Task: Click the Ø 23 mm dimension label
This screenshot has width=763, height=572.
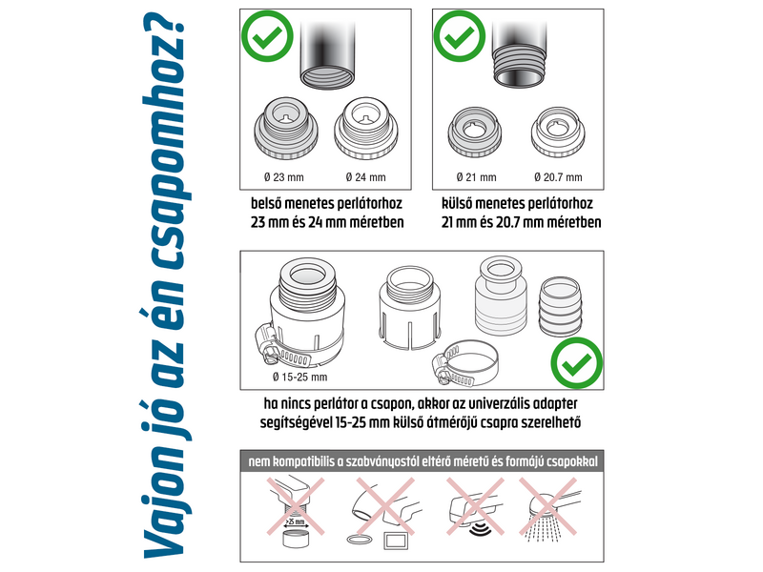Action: pyautogui.click(x=283, y=177)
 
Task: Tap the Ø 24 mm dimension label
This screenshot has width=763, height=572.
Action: pyautogui.click(x=365, y=177)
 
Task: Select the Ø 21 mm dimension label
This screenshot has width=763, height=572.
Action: pyautogui.click(x=476, y=177)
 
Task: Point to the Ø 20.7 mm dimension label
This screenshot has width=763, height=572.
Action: pyautogui.click(x=558, y=177)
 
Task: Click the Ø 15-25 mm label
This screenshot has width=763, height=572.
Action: pyautogui.click(x=300, y=377)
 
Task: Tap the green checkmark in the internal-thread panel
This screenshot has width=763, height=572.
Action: pyautogui.click(x=267, y=35)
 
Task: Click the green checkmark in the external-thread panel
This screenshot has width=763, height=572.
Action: pyautogui.click(x=459, y=35)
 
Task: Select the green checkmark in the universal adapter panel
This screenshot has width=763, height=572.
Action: pyautogui.click(x=577, y=363)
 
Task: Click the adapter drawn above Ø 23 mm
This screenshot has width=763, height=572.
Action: pyautogui.click(x=286, y=128)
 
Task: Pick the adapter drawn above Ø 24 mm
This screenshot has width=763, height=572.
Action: pyautogui.click(x=366, y=128)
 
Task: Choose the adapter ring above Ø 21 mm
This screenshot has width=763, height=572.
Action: pyautogui.click(x=474, y=132)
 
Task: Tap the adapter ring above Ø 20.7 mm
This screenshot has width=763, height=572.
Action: pyautogui.click(x=558, y=132)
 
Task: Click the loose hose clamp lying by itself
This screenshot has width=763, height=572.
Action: pyautogui.click(x=464, y=362)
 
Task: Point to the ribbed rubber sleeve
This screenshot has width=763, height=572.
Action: pyautogui.click(x=560, y=306)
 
